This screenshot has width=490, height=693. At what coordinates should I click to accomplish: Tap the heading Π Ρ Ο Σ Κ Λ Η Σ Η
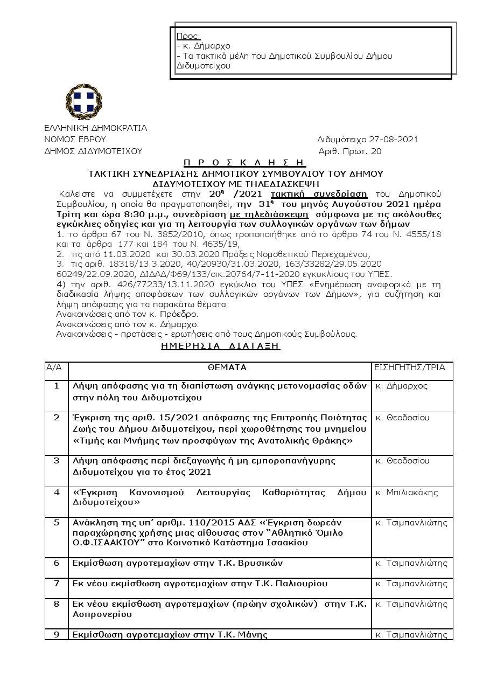[x=244, y=162]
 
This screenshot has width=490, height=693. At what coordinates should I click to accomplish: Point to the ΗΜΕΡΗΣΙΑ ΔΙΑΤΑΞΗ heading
[x=221, y=346]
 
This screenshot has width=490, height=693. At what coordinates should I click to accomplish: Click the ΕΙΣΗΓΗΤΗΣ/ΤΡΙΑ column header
[x=410, y=368]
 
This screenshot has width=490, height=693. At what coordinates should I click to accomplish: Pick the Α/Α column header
[x=55, y=368]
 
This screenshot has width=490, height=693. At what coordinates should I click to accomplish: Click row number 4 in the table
[x=57, y=493]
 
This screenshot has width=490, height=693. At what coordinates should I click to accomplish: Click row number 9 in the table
[x=57, y=634]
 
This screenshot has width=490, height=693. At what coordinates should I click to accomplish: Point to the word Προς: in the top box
[x=188, y=36]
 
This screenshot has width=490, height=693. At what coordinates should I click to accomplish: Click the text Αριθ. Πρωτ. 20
[x=350, y=151]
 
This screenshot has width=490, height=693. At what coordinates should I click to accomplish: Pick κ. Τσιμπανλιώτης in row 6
[x=411, y=563]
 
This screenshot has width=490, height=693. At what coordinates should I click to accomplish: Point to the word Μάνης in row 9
[x=255, y=634]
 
